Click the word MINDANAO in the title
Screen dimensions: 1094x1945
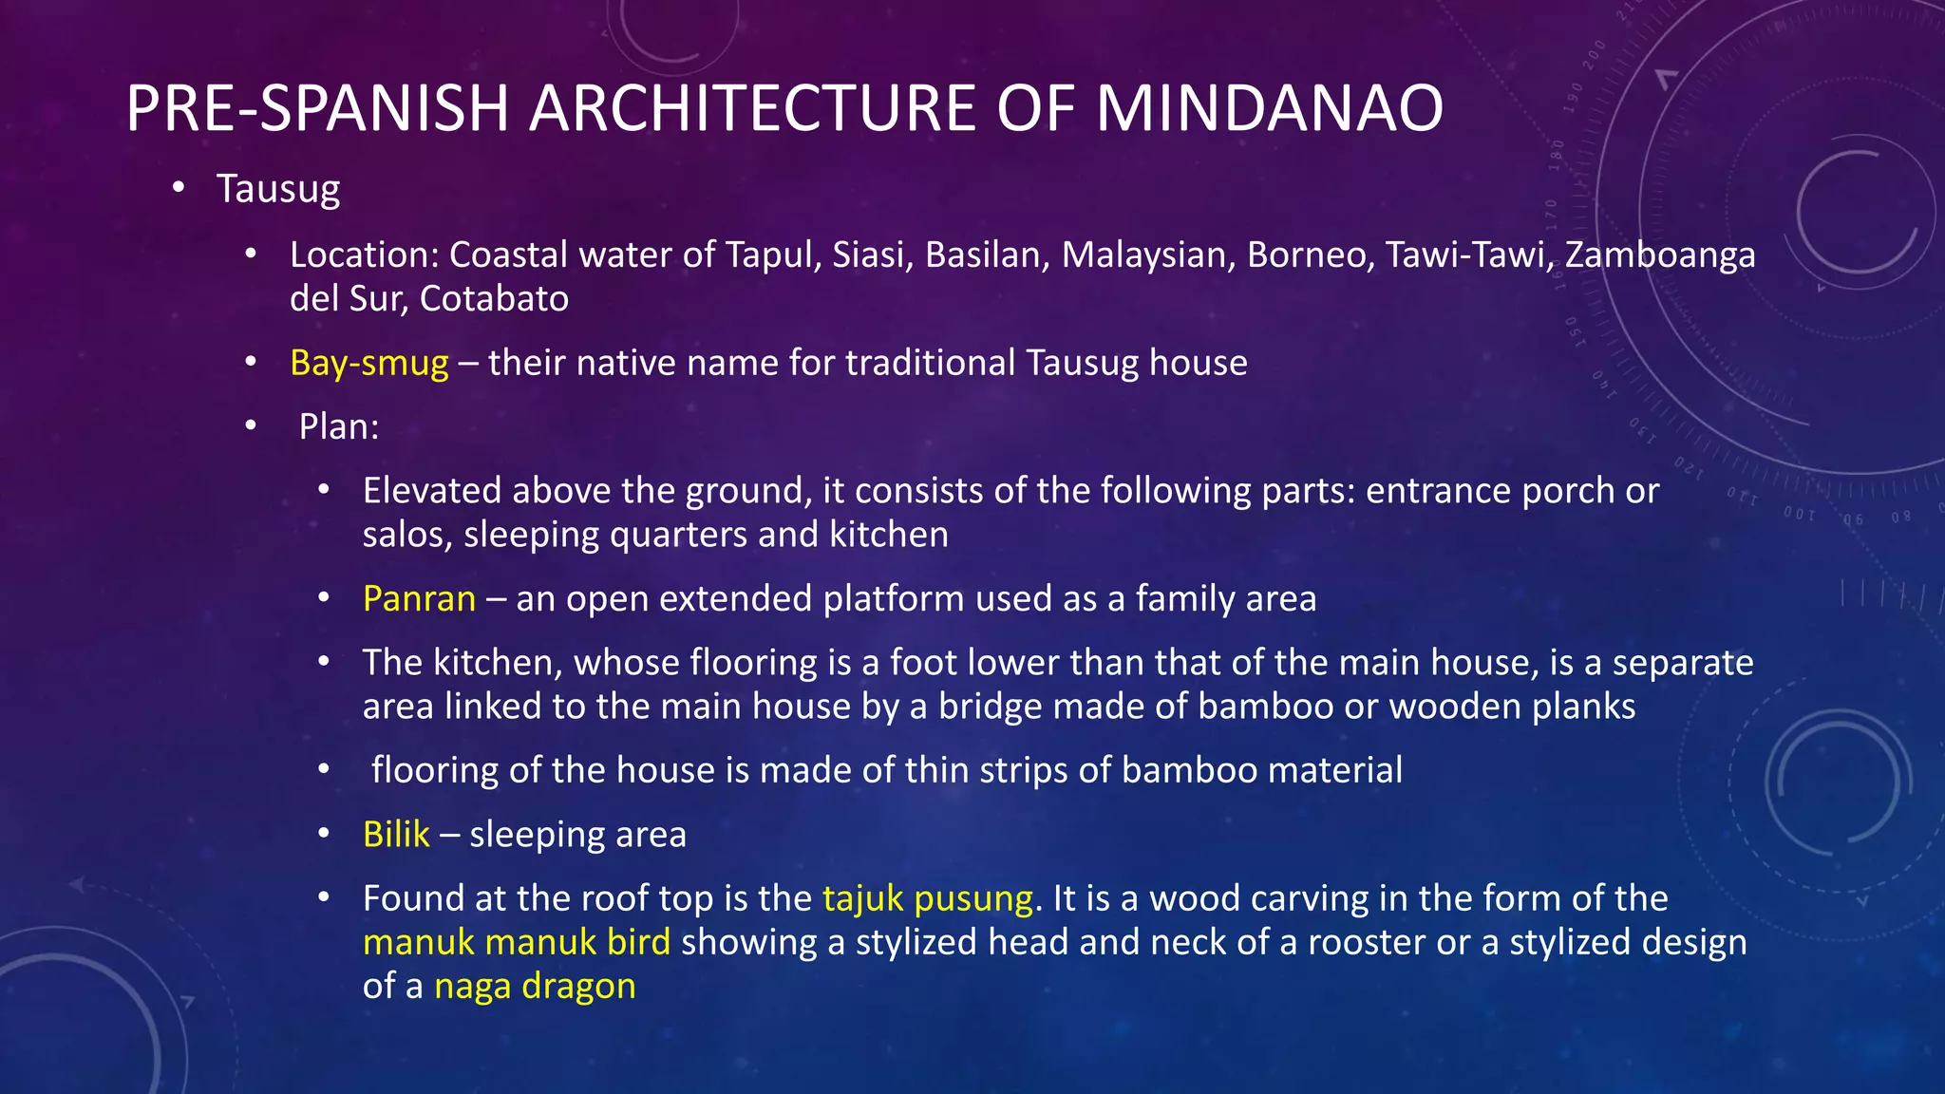1269,108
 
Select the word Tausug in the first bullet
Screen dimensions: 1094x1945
277,189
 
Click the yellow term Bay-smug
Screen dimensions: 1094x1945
368,363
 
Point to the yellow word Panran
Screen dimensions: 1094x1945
419,599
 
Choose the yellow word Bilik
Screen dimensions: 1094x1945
396,835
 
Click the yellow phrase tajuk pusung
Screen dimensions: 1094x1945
927,898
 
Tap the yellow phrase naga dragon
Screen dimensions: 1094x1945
535,986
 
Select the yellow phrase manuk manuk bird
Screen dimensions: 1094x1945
516,942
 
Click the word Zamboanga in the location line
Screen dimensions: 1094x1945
1660,255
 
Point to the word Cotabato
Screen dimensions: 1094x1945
494,299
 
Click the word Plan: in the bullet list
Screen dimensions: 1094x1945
339,427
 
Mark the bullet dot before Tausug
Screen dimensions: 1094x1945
179,187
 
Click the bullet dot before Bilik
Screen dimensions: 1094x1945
324,834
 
